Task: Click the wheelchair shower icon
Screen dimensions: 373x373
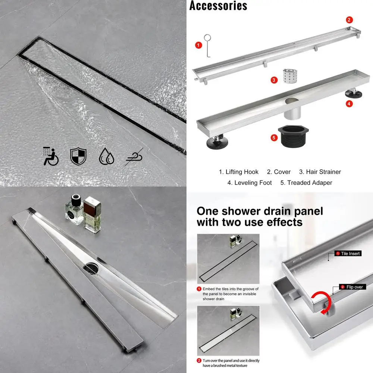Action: click(51, 156)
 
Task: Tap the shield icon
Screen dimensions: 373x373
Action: click(78, 156)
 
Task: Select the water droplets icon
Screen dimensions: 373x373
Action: click(106, 156)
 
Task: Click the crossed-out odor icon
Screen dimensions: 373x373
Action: click(134, 157)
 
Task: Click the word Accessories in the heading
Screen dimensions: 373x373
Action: click(218, 6)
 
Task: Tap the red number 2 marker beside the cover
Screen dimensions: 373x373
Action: click(349, 20)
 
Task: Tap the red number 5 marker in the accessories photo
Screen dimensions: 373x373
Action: click(274, 138)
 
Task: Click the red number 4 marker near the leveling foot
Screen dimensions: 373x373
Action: click(349, 104)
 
